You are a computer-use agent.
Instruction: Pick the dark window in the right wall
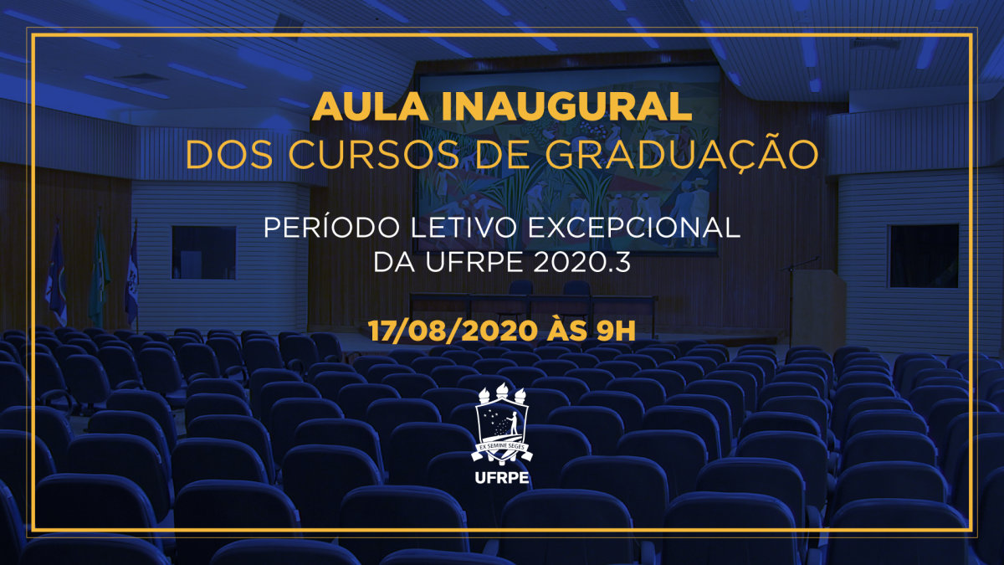tap(923, 255)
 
